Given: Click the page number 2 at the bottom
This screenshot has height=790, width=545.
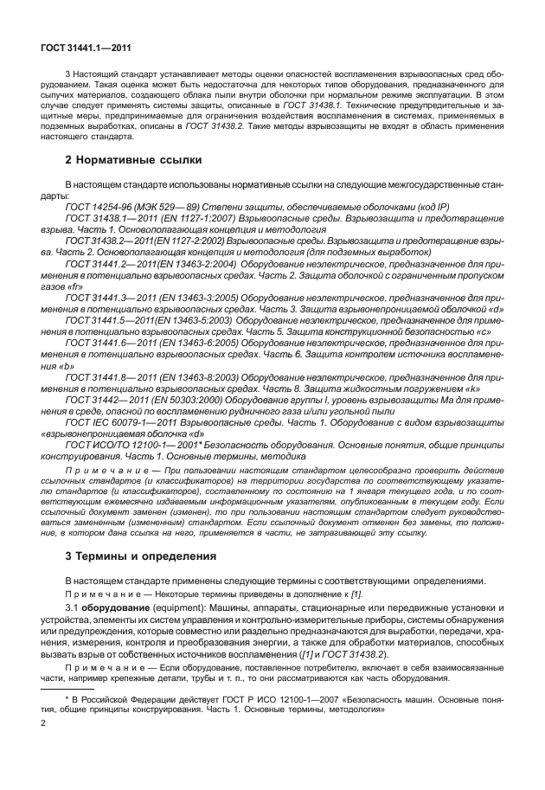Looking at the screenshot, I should (43, 744).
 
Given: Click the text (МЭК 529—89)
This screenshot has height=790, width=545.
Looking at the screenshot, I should (173, 207).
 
